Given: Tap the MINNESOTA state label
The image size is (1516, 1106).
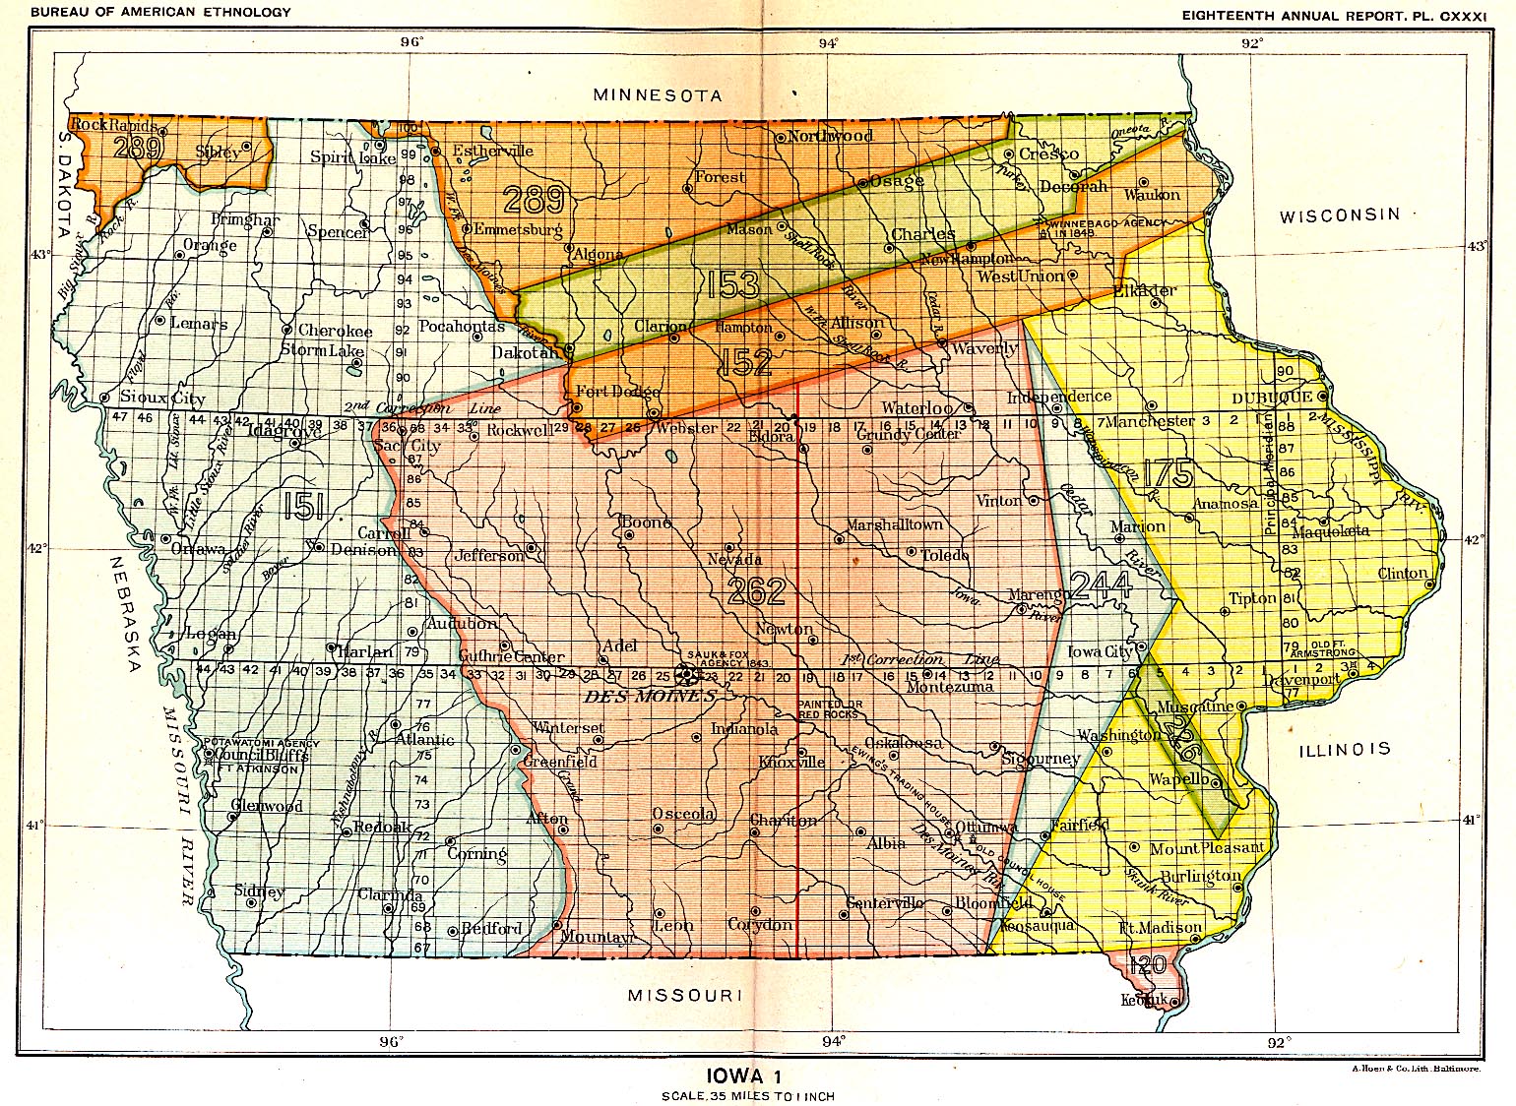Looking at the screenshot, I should pyautogui.click(x=658, y=95).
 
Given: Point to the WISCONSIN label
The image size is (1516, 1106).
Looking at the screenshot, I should pyautogui.click(x=1339, y=215).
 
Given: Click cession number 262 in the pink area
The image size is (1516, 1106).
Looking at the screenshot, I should pyautogui.click(x=756, y=591).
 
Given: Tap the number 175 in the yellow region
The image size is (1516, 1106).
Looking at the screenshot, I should pyautogui.click(x=1168, y=473).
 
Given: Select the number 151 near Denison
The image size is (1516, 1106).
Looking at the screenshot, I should pyautogui.click(x=302, y=506).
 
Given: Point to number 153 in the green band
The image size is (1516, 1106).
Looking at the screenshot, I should pyautogui.click(x=733, y=284).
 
